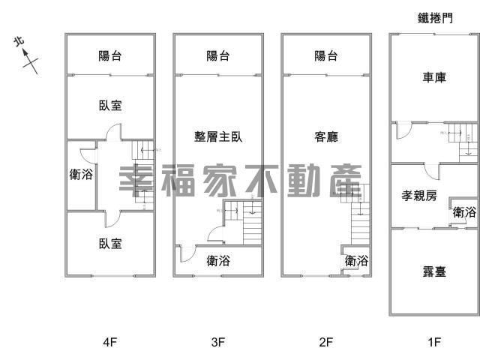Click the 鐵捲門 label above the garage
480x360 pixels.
click(x=435, y=18)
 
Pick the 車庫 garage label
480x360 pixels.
click(x=433, y=77)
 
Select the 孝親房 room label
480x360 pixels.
click(x=419, y=196)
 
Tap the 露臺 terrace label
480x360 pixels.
click(x=433, y=271)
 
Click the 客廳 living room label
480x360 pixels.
click(x=326, y=136)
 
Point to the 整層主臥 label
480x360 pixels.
click(x=218, y=136)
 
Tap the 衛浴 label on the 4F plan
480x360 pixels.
click(x=81, y=175)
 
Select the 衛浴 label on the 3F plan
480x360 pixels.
click(x=218, y=261)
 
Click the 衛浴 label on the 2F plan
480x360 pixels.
click(x=357, y=261)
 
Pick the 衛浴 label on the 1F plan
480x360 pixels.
click(x=464, y=212)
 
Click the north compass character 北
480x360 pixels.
click(x=19, y=43)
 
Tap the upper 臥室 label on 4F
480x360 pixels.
click(x=110, y=106)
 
